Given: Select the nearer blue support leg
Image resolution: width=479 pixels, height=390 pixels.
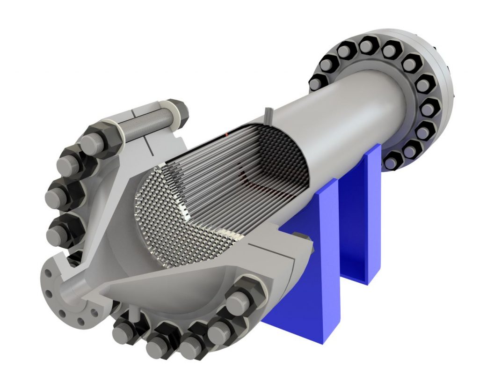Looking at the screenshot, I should point(306,262).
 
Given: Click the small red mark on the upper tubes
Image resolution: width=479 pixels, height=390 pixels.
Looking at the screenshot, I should point(226,134).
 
